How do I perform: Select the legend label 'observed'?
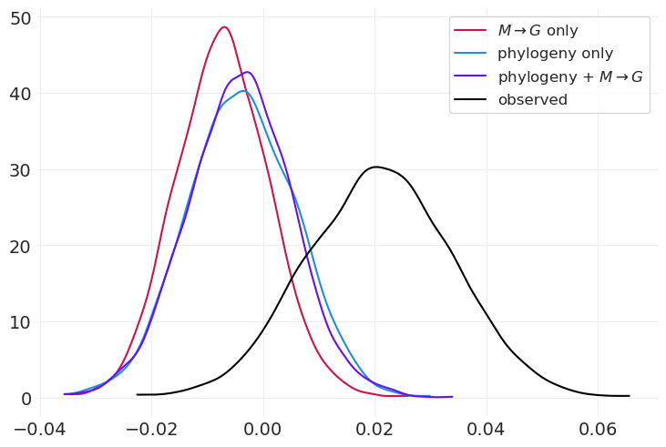[532, 100]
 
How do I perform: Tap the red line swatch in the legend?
[471, 31]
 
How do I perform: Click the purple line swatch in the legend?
[471, 76]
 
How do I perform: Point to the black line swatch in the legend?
[471, 100]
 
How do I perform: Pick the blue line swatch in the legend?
[471, 54]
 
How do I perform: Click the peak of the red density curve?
[224, 27]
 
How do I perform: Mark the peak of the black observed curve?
[375, 167]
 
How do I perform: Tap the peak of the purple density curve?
[247, 72]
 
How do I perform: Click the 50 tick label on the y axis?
[21, 17]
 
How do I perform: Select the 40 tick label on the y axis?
[21, 94]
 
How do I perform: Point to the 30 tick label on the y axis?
[21, 170]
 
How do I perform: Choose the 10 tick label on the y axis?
[21, 322]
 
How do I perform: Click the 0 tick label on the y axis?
[26, 399]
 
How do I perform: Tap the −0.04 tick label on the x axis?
[40, 426]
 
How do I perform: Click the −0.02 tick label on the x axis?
[151, 426]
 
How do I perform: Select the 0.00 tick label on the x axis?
[264, 426]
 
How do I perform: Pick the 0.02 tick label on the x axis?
[375, 426]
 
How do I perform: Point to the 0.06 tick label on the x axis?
[598, 426]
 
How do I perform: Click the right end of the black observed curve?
[629, 396]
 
